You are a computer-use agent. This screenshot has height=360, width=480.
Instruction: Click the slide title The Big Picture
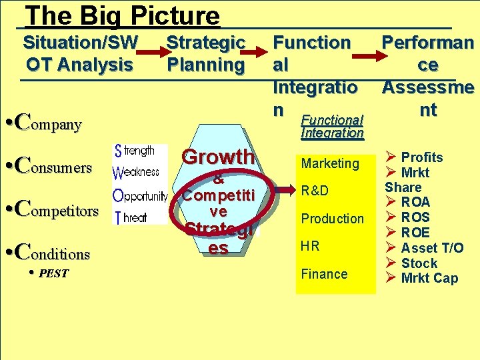tap(121, 15)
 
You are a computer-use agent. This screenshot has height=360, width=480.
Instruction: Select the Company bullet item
tap(51, 123)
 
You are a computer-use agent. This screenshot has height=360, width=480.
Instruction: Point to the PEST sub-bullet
tap(52, 273)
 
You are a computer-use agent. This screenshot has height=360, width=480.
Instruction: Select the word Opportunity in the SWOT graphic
tap(141, 197)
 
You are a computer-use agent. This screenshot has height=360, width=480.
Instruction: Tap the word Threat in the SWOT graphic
tap(131, 217)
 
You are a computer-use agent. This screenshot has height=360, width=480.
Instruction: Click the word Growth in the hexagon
tap(218, 157)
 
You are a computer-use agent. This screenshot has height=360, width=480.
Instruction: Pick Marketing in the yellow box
tap(330, 163)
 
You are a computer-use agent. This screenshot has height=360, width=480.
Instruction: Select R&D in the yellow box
tap(315, 191)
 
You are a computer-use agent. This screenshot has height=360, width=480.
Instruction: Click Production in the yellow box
tap(333, 219)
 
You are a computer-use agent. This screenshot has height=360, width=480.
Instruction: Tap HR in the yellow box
tap(310, 246)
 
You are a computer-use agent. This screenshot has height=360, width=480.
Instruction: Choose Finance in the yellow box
tap(325, 274)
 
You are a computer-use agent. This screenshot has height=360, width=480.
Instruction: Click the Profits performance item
tap(421, 157)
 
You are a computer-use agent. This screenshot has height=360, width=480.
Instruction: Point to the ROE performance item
tap(415, 233)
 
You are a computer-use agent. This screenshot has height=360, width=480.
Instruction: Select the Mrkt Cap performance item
tap(429, 278)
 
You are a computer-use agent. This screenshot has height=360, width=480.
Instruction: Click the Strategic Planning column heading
tap(205, 53)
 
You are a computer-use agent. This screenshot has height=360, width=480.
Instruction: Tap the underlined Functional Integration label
tap(332, 126)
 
